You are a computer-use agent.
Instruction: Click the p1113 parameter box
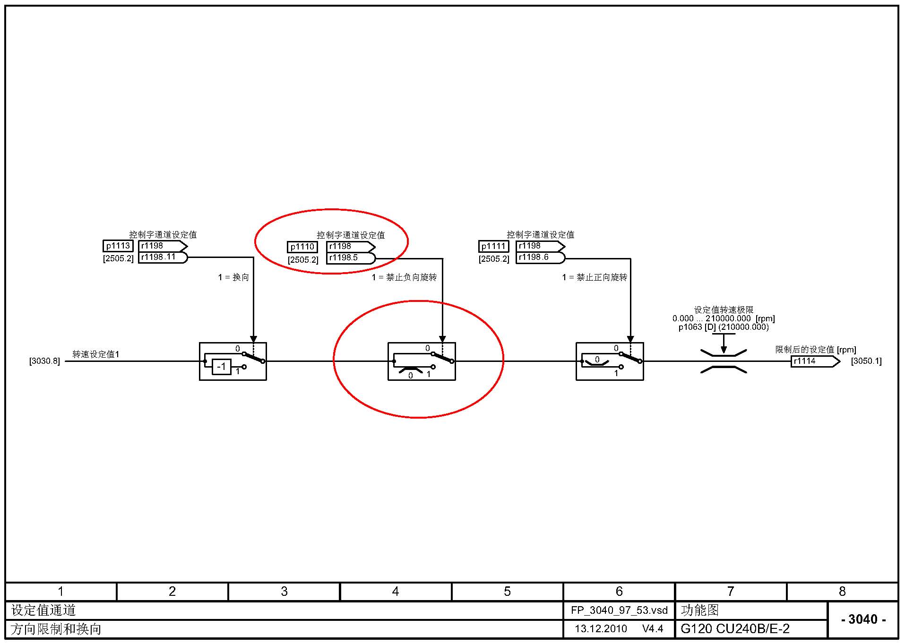click(x=118, y=246)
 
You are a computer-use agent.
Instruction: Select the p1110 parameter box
click(x=302, y=247)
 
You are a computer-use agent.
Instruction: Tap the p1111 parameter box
click(x=493, y=246)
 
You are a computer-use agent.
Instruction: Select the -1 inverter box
click(x=221, y=367)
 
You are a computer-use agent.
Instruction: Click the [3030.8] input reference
click(x=44, y=361)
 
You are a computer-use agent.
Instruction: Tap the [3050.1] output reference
click(x=866, y=361)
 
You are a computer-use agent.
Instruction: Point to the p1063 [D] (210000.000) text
click(x=723, y=327)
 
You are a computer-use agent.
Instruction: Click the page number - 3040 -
click(x=863, y=619)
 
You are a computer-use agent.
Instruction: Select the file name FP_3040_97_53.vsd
click(x=619, y=610)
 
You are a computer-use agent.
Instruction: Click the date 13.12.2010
click(x=601, y=629)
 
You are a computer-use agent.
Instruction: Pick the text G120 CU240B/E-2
click(x=735, y=629)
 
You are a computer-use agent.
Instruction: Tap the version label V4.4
click(x=653, y=629)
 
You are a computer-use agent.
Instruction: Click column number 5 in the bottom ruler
click(x=507, y=592)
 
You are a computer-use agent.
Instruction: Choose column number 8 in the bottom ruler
click(x=842, y=592)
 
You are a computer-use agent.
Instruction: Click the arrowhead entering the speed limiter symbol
click(x=724, y=350)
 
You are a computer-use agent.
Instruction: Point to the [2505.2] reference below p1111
click(x=493, y=259)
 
